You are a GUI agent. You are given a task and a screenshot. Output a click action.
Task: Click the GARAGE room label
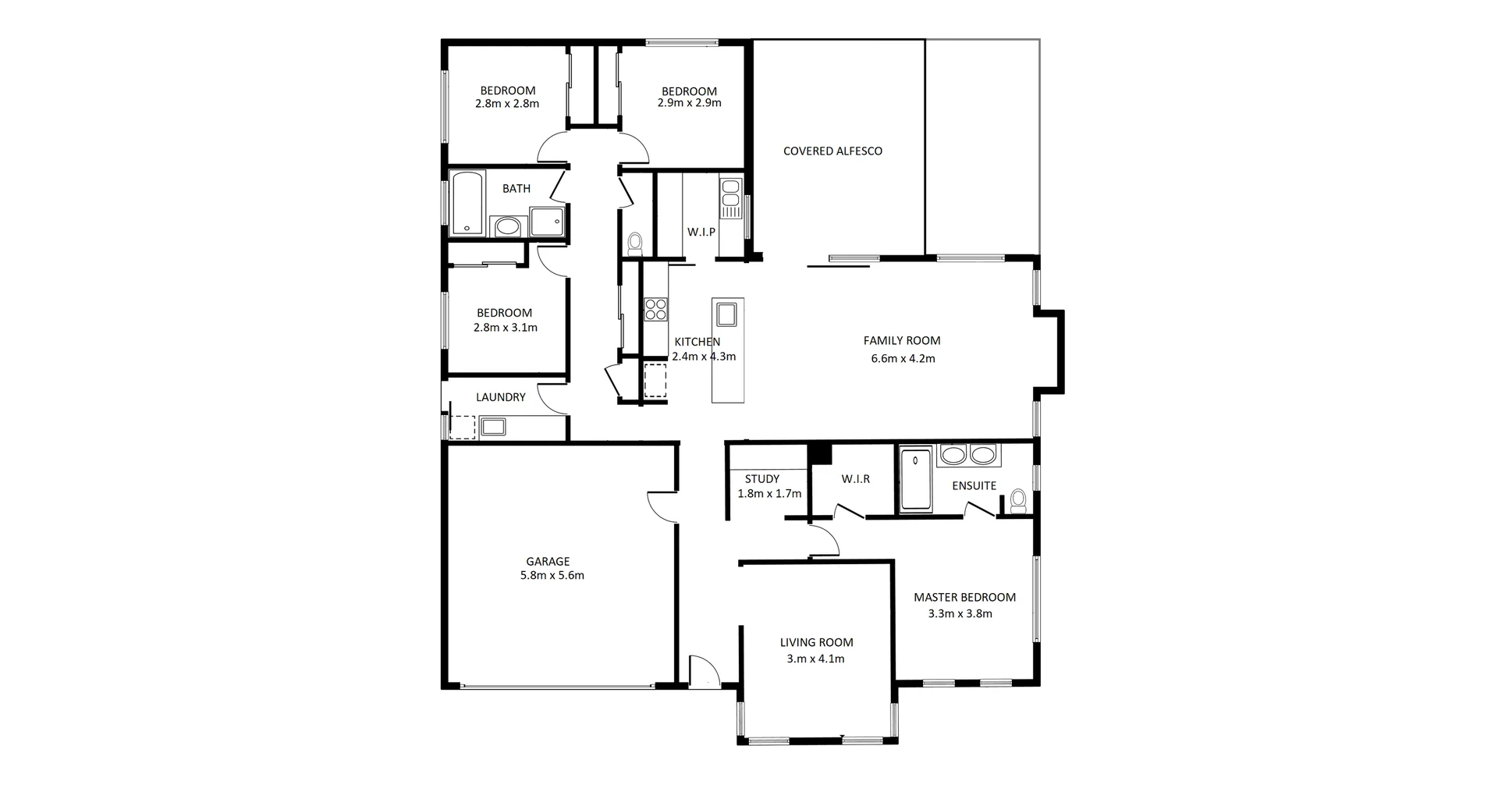click(x=548, y=561)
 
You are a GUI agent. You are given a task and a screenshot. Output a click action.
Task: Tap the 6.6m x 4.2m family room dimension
click(x=903, y=359)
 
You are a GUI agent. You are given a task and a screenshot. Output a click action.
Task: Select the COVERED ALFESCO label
click(x=832, y=151)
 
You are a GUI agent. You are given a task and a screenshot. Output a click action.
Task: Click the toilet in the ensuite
click(x=1017, y=500)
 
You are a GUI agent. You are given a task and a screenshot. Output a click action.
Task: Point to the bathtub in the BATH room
click(x=467, y=202)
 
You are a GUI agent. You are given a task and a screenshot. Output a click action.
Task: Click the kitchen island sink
click(x=727, y=314)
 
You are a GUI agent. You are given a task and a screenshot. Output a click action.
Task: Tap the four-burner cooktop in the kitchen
click(x=655, y=310)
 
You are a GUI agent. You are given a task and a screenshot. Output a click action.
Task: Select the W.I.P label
click(x=701, y=233)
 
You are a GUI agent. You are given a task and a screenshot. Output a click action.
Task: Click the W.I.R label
click(x=855, y=479)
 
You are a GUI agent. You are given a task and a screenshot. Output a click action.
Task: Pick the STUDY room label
click(x=761, y=479)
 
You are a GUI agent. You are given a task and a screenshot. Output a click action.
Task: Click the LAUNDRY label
click(x=500, y=397)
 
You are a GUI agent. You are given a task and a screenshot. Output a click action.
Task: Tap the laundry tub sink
click(x=492, y=427)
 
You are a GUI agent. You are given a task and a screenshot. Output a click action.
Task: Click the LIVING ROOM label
click(x=816, y=643)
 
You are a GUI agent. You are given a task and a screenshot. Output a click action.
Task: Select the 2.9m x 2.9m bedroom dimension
click(x=689, y=103)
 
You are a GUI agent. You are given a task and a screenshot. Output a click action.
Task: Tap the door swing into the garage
click(x=662, y=507)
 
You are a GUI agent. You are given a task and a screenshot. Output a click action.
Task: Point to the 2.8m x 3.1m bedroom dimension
click(x=505, y=328)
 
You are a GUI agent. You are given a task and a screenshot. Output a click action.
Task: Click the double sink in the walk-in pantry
click(x=730, y=198)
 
